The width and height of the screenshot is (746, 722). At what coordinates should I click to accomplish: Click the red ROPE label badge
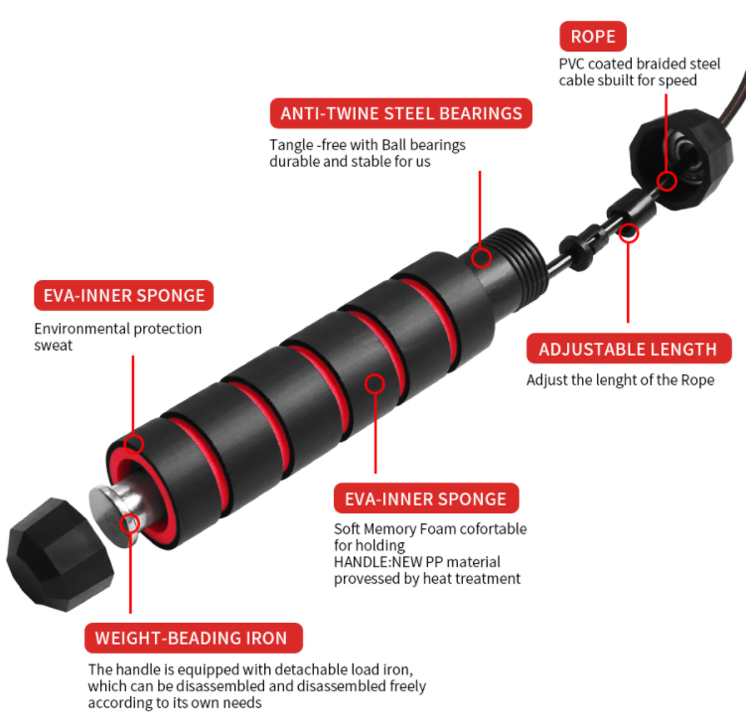pos(593,36)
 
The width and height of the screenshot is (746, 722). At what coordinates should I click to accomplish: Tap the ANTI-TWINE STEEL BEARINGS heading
pos(401,113)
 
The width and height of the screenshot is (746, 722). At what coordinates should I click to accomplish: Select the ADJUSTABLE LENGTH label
pos(629,349)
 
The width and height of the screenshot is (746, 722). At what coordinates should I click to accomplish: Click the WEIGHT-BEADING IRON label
pos(193,638)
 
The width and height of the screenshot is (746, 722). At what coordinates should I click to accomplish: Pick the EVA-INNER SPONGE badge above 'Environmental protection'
pos(124,295)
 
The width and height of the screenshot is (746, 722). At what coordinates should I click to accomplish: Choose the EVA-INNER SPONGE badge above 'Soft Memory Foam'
pos(426,499)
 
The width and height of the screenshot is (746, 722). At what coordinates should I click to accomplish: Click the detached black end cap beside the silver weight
pos(60,554)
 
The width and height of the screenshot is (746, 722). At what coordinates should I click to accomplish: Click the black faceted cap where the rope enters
pos(681,159)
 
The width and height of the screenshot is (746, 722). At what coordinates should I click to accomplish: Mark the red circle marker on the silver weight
pos(129,524)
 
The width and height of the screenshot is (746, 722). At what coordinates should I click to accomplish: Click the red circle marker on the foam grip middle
pos(374,383)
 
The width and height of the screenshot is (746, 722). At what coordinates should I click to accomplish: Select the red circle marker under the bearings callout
pos(481,258)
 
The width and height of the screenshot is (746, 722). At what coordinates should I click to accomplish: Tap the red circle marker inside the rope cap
pos(667,181)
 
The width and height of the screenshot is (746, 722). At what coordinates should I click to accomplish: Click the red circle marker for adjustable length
pos(629,233)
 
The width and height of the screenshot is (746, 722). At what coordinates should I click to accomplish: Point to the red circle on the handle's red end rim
pos(134,444)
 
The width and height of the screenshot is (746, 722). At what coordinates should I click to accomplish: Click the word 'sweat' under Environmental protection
pos(54,346)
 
